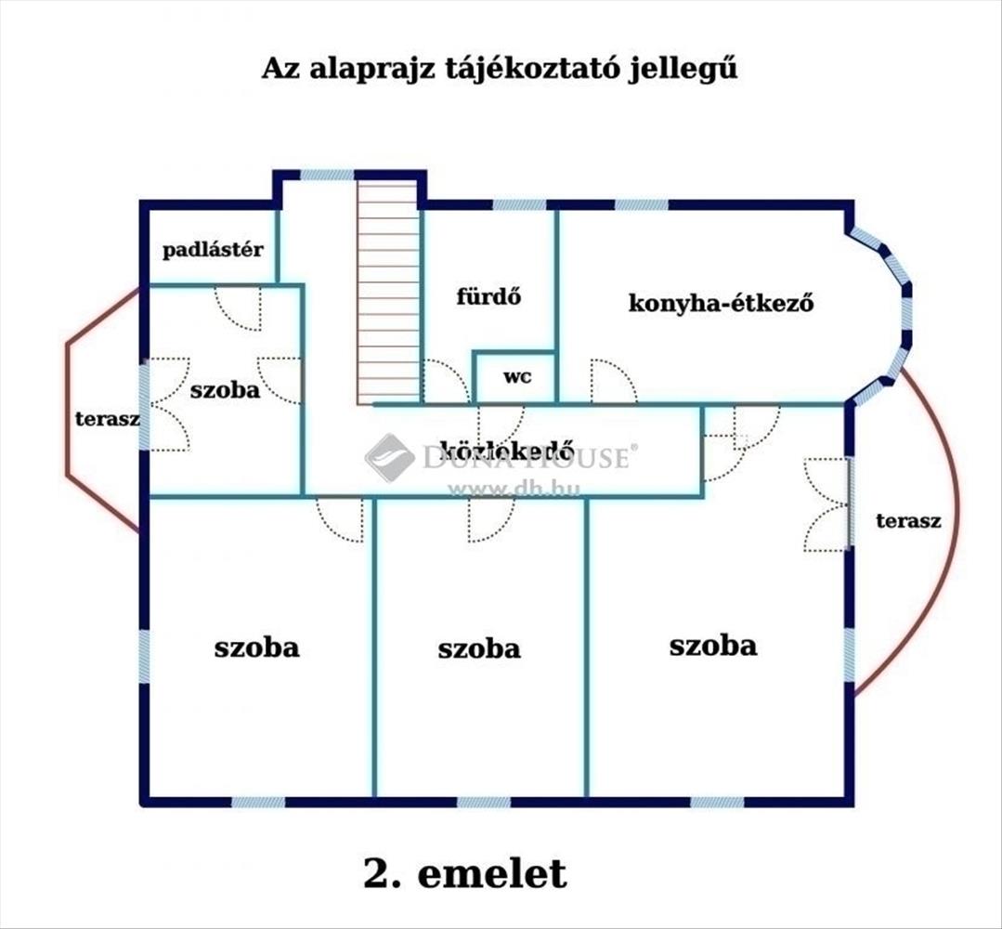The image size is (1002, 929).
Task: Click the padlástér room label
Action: (x=214, y=249)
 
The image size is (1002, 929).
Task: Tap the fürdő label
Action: (x=488, y=297)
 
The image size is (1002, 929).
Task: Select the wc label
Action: (x=517, y=377)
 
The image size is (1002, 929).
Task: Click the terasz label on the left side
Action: (x=107, y=418)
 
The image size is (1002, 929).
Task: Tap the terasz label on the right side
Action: (x=908, y=520)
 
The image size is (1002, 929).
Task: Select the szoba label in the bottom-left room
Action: (x=257, y=647)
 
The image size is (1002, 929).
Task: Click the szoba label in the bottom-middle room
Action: (x=479, y=648)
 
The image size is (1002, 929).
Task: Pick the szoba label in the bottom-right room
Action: (x=713, y=645)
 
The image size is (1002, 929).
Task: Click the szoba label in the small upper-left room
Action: (x=225, y=389)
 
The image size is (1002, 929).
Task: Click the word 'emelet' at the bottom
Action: (x=492, y=873)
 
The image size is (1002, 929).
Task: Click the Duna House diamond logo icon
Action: (x=389, y=456)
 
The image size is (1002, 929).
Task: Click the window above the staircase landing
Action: (x=328, y=175)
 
